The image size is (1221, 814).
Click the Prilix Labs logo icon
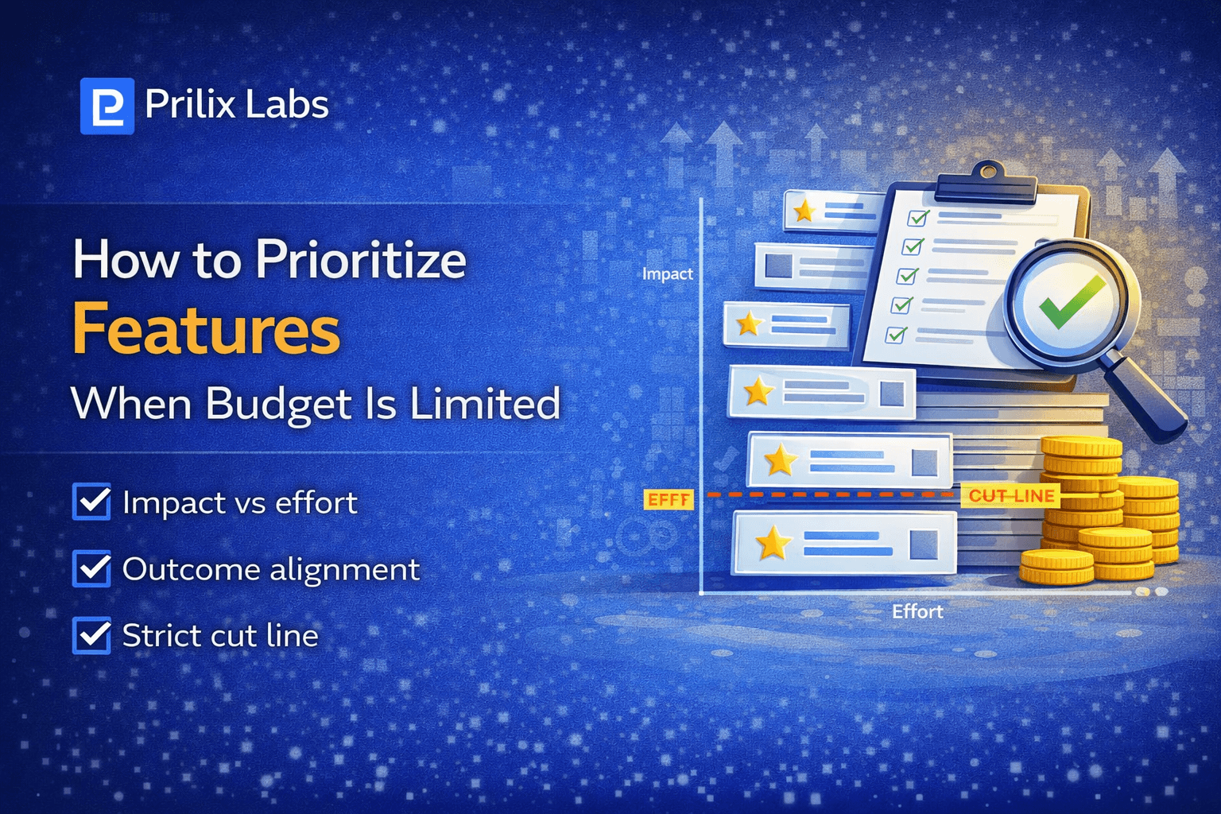[107, 106]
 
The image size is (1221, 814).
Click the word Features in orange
[206, 330]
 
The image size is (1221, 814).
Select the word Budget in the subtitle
[278, 404]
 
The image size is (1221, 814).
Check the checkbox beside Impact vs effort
[91, 502]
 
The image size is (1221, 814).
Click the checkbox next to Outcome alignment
[91, 569]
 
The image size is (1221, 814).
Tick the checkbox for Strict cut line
[91, 636]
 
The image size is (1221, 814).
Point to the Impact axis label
[667, 274]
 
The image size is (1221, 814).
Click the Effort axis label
[917, 611]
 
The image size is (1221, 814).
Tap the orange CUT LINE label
[1011, 496]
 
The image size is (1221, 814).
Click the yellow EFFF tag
[668, 499]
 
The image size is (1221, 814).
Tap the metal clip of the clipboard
[986, 182]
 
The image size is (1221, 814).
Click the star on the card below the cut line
[773, 544]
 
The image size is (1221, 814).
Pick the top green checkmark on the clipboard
[918, 217]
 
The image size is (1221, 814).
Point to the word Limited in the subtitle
[485, 404]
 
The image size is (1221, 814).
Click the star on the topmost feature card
[804, 211]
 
